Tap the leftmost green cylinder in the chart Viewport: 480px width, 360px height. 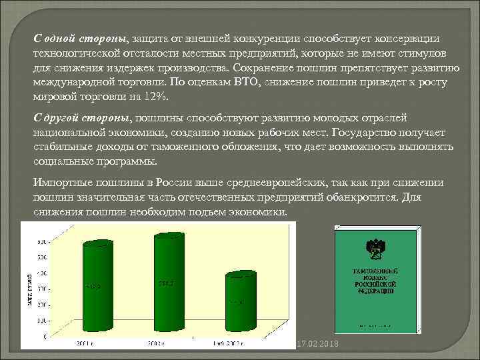(99, 290)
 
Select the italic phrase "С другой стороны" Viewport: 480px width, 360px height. (81, 117)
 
